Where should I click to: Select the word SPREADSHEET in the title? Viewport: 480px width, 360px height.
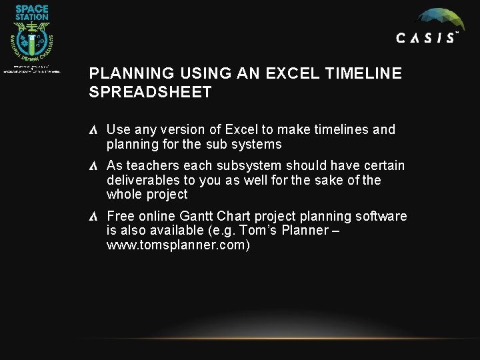tap(150, 92)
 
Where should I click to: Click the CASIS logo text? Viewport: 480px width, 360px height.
tap(427, 38)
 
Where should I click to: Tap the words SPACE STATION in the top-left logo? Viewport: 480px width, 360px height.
tap(32, 12)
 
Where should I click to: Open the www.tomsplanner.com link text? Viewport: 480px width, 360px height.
tap(178, 245)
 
